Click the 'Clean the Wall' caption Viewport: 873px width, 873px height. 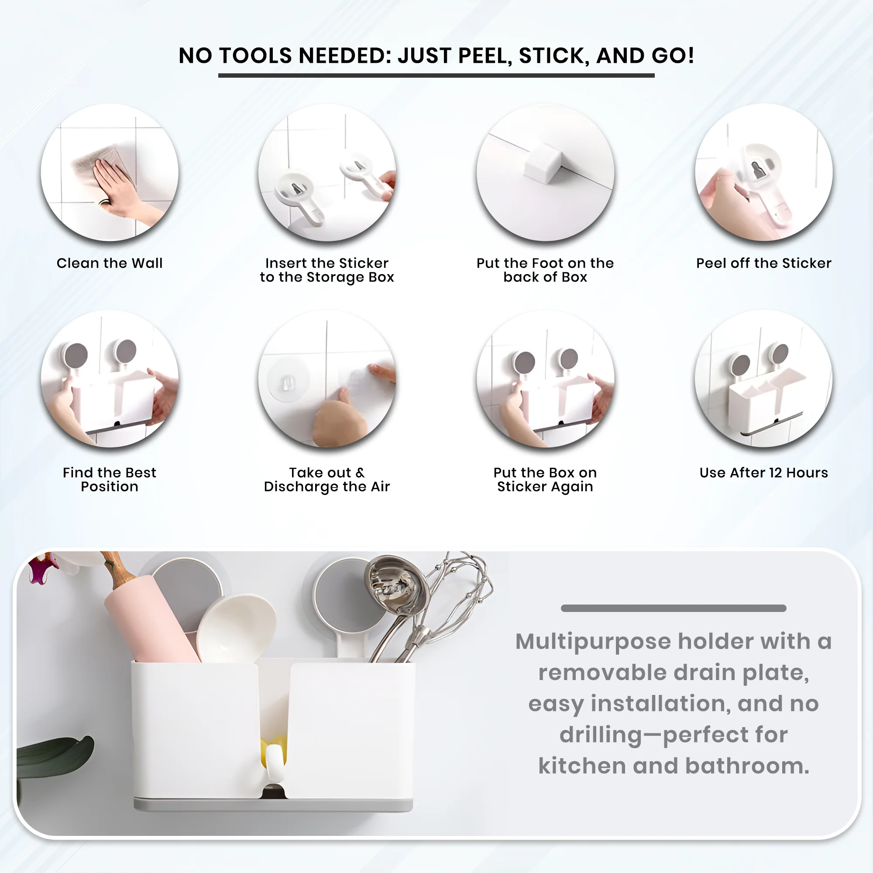(x=110, y=263)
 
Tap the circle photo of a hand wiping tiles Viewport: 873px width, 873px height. (x=110, y=172)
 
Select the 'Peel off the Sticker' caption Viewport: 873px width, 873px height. (x=763, y=263)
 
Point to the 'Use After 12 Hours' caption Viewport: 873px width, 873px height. (x=763, y=473)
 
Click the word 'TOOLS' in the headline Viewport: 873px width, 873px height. (x=256, y=55)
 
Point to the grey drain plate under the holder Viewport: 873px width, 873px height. (x=273, y=805)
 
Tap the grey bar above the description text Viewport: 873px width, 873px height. (x=673, y=608)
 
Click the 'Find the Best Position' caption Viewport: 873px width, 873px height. (x=110, y=479)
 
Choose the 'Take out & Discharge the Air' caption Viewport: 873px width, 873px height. (x=327, y=479)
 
